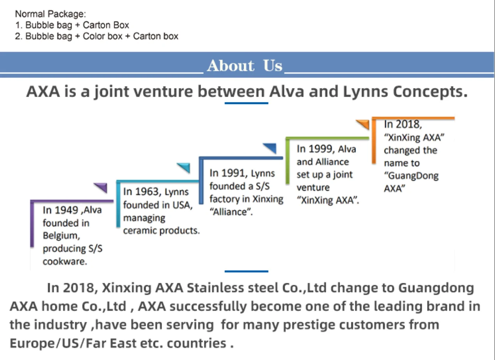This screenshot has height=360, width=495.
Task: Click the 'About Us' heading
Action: [245, 65]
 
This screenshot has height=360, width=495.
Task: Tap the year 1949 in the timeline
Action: [67, 210]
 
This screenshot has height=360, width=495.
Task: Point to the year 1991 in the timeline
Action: [234, 173]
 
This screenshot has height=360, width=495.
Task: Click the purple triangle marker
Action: [101, 187]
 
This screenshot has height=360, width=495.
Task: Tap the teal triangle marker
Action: [184, 168]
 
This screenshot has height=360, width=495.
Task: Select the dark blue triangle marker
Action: [270, 148]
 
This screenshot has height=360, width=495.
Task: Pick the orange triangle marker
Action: [363, 124]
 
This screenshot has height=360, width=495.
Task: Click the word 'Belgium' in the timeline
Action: [61, 236]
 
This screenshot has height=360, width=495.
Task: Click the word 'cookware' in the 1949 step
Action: [64, 261]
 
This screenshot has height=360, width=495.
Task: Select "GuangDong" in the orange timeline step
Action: [411, 176]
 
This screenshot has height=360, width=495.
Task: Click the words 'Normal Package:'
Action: [50, 14]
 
